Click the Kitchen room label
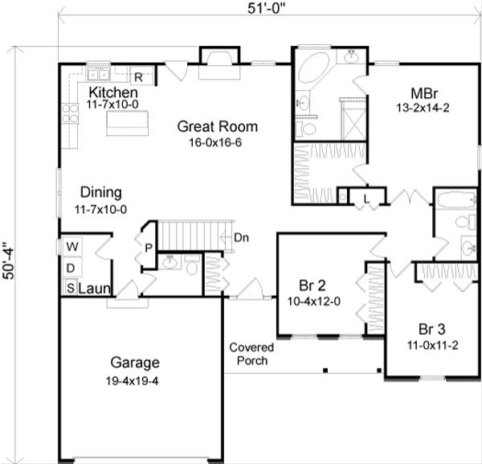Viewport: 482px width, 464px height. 111,92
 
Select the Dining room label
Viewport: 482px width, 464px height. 100,192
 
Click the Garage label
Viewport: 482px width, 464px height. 135,362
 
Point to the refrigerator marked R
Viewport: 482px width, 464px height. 137,77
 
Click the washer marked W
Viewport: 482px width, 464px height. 71,245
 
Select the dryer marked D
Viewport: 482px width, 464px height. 71,266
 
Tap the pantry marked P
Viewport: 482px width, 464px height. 148,248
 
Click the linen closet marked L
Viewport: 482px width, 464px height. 366,197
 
